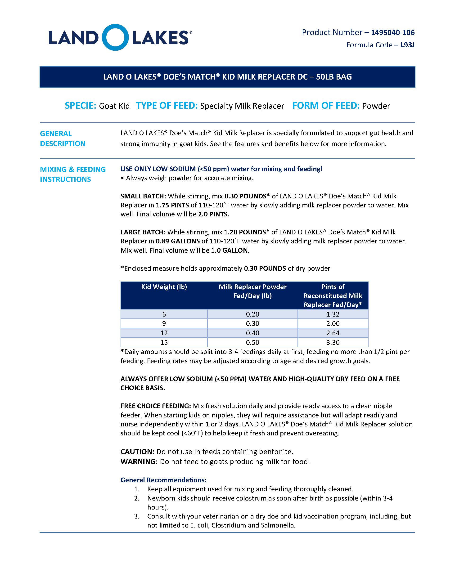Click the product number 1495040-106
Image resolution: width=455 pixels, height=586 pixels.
[x=392, y=32]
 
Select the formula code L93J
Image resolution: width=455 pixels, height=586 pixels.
[x=407, y=45]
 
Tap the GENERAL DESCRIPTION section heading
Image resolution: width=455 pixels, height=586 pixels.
[x=63, y=139]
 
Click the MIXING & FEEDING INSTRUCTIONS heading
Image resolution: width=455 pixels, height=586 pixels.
[x=73, y=174]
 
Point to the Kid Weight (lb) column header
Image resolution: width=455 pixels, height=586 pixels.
[x=164, y=287]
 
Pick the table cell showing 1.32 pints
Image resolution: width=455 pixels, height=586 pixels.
[x=333, y=314]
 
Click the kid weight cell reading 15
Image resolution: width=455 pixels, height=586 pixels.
[x=164, y=342]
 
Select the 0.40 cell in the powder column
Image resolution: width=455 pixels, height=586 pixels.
[x=252, y=333]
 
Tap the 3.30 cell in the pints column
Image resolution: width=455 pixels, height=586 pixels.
[x=333, y=342]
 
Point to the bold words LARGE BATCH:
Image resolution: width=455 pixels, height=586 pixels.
[x=143, y=232]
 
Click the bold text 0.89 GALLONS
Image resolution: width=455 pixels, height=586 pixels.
[x=178, y=241]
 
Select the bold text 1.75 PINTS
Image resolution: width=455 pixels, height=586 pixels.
[x=172, y=205]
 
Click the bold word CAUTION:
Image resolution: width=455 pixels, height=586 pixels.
[x=137, y=452]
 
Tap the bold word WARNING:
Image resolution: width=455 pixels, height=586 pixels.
[x=139, y=461]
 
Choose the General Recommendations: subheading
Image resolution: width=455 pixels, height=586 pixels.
[x=163, y=480]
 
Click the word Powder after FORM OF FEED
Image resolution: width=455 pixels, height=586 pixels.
[x=376, y=106]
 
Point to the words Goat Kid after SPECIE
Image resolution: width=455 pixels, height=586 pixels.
[x=114, y=106]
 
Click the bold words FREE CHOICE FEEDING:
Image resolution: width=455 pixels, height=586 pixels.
[x=156, y=406]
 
